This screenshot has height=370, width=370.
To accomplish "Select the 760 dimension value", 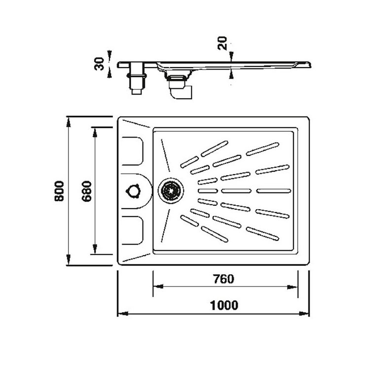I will (223, 279).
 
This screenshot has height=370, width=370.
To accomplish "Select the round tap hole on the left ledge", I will (134, 190).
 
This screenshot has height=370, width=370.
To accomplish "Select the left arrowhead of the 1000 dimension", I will (120, 314).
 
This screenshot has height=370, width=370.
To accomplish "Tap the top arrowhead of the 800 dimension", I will (68, 119).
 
